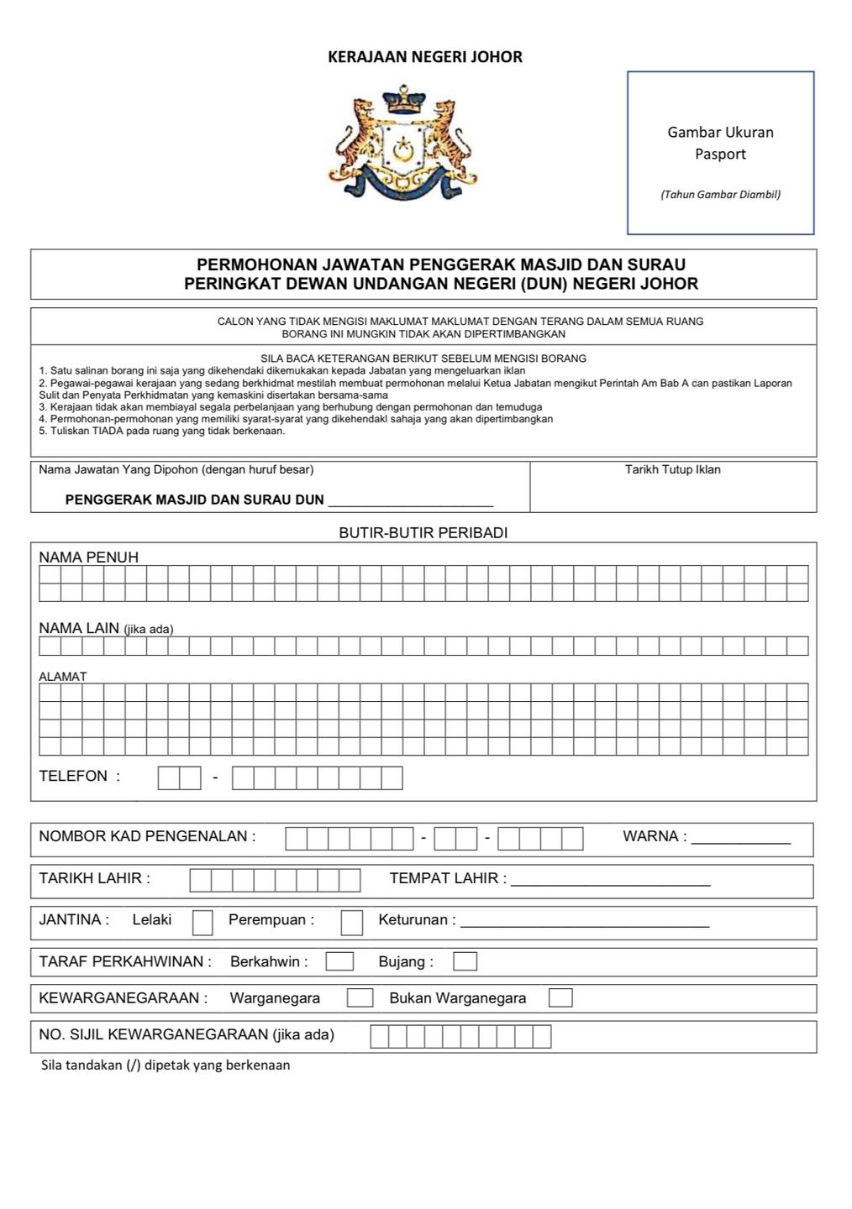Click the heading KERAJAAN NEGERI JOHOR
[424, 57]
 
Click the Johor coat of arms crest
[402, 143]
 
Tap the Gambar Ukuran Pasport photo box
[720, 152]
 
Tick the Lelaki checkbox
[202, 923]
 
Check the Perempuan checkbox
[352, 923]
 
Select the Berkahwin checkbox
[339, 961]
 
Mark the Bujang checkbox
[465, 961]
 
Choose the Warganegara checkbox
[360, 997]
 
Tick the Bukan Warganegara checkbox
[560, 997]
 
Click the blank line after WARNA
[740, 840]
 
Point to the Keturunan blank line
[585, 924]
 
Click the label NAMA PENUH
[88, 557]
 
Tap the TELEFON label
[73, 776]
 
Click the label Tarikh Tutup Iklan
[672, 469]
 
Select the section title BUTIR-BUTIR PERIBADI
[423, 533]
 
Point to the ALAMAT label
[62, 677]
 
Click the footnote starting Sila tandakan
[166, 1065]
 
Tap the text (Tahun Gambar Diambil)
[720, 195]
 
